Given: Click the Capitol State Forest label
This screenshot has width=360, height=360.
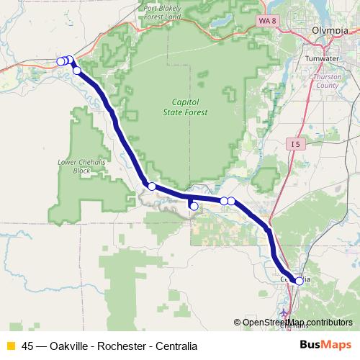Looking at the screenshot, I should (x=189, y=107).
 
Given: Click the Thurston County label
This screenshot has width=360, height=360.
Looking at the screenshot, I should (x=327, y=80).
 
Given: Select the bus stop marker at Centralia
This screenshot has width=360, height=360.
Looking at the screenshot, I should (x=300, y=281).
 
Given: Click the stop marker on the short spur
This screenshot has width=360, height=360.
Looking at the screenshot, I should (x=193, y=206).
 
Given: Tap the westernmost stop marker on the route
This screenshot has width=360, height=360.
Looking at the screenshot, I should (x=61, y=62).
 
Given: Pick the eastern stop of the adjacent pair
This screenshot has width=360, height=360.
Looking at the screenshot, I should (x=232, y=201).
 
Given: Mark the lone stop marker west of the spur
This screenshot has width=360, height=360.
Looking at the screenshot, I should (x=152, y=186).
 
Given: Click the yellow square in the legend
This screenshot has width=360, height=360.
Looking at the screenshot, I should (x=11, y=346).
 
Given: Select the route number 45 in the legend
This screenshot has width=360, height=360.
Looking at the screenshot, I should (x=28, y=346).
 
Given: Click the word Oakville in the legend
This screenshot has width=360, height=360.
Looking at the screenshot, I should (x=69, y=346).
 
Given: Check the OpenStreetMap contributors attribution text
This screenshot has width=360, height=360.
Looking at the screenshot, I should (x=297, y=322).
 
